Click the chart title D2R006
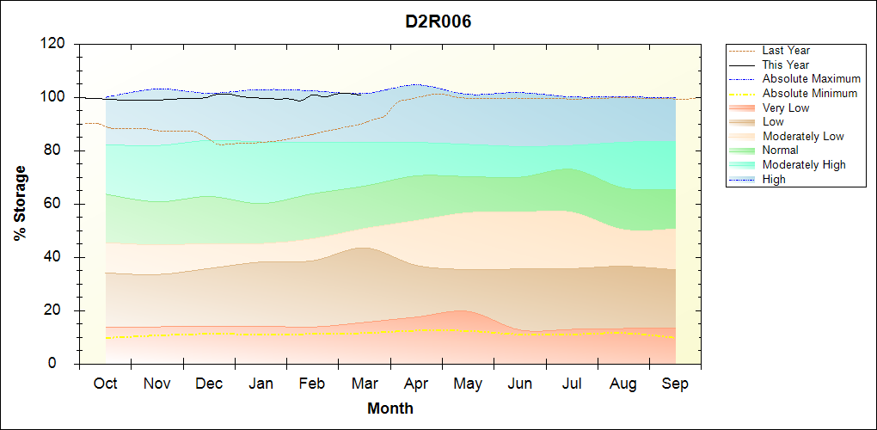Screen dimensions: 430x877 pos(438,21)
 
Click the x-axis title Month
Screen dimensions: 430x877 pos(390,408)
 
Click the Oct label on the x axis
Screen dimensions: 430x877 pos(105,384)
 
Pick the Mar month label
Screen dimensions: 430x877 pos(365,384)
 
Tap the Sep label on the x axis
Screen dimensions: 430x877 pos(675,384)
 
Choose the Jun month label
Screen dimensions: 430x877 pos(520,384)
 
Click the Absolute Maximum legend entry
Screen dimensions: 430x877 pos(811,79)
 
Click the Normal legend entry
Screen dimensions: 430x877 pos(780,150)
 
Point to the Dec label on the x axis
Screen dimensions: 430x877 pos(209,384)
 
